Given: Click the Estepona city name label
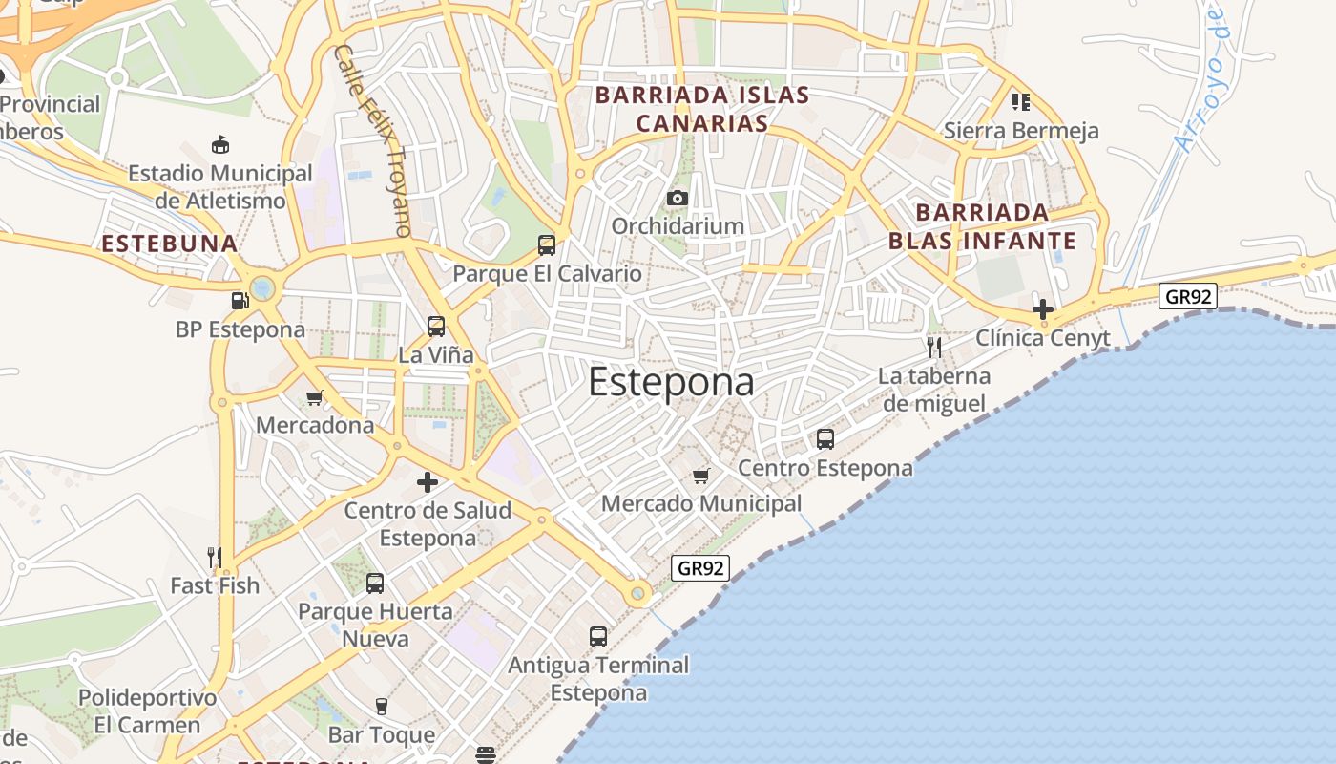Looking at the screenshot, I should pos(671,382).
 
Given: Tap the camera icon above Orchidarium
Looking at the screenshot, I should pos(678,198).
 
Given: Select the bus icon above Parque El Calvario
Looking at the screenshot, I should pos(547,245).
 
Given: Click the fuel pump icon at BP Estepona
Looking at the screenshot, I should pos(240,301).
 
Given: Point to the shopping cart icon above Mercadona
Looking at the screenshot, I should pos(314,397).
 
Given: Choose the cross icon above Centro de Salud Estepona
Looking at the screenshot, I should pos(428,482).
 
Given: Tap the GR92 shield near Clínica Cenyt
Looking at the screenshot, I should pos(1188,296).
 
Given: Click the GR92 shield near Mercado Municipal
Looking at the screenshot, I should pos(699,568).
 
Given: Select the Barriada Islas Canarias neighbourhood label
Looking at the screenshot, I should pos(702,109).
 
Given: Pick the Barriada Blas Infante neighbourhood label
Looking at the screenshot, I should pos(982,226).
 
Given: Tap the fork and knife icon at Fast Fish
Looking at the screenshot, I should pos(215,557).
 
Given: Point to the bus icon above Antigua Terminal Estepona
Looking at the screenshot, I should pos(598,637).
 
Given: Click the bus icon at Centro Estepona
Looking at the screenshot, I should pos(825,439).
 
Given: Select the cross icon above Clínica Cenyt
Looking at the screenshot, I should pos(1043,309).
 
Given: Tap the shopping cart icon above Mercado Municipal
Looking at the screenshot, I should pos(701,476).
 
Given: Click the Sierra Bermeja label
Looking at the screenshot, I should pos(1021,131).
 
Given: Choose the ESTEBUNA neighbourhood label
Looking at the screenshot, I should pos(170,244).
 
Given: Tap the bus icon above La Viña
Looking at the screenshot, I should pos(436,327).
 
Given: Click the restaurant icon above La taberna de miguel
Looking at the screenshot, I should pos(934,347).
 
